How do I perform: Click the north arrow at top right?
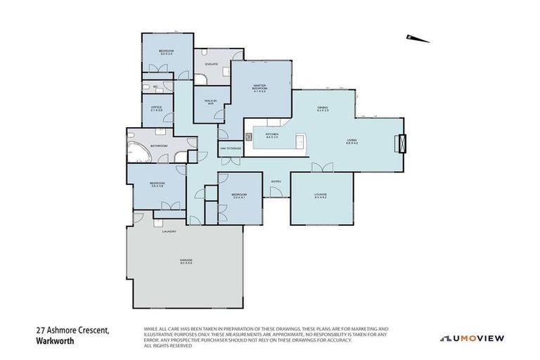tap(418, 39)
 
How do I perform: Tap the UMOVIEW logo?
tap(472, 337)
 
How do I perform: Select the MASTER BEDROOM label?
tap(259, 88)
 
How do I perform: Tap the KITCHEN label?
tap(272, 135)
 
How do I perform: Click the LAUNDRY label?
tap(169, 231)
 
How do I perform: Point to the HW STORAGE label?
tap(231, 148)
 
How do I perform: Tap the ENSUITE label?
tap(211, 64)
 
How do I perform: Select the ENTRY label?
tap(276, 182)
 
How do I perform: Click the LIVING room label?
tap(352, 141)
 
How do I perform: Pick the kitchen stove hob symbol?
tap(248, 135)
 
